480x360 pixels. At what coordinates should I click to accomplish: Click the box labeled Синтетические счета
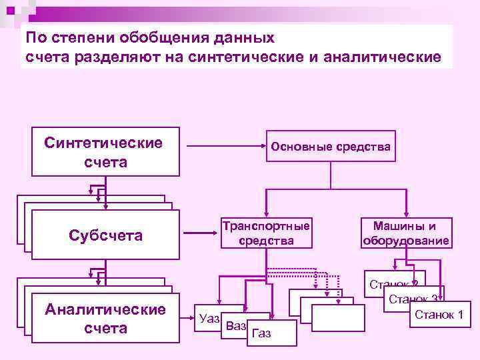(105, 151)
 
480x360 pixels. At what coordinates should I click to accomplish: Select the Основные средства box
(331, 147)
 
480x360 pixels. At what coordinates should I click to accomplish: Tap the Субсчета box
(105, 235)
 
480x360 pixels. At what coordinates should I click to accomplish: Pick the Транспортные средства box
(266, 233)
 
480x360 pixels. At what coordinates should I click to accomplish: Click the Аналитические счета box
(105, 319)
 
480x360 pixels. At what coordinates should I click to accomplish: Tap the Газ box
(263, 333)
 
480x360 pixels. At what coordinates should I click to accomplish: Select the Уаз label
(209, 319)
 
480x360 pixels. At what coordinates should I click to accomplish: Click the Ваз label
(236, 326)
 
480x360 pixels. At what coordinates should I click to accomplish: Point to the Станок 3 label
(413, 299)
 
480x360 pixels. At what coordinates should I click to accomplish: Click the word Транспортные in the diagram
(266, 226)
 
